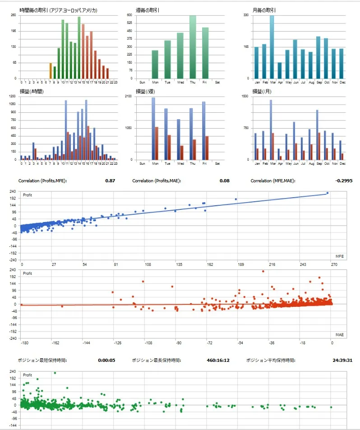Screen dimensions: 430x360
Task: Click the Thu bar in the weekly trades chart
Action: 193,47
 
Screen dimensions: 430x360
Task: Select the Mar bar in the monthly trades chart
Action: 272,47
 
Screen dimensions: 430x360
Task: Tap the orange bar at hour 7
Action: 51,71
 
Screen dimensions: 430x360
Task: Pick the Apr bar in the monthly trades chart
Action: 280,70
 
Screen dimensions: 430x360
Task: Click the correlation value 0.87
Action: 110,181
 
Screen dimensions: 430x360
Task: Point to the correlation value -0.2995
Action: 344,181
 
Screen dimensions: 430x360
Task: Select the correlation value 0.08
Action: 224,181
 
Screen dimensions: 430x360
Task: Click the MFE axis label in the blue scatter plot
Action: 339,256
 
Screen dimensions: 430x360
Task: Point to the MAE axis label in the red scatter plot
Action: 340,335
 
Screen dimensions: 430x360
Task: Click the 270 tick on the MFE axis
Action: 334,265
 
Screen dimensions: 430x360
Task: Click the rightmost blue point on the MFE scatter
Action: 328,193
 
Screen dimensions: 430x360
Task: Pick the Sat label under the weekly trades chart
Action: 218,82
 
